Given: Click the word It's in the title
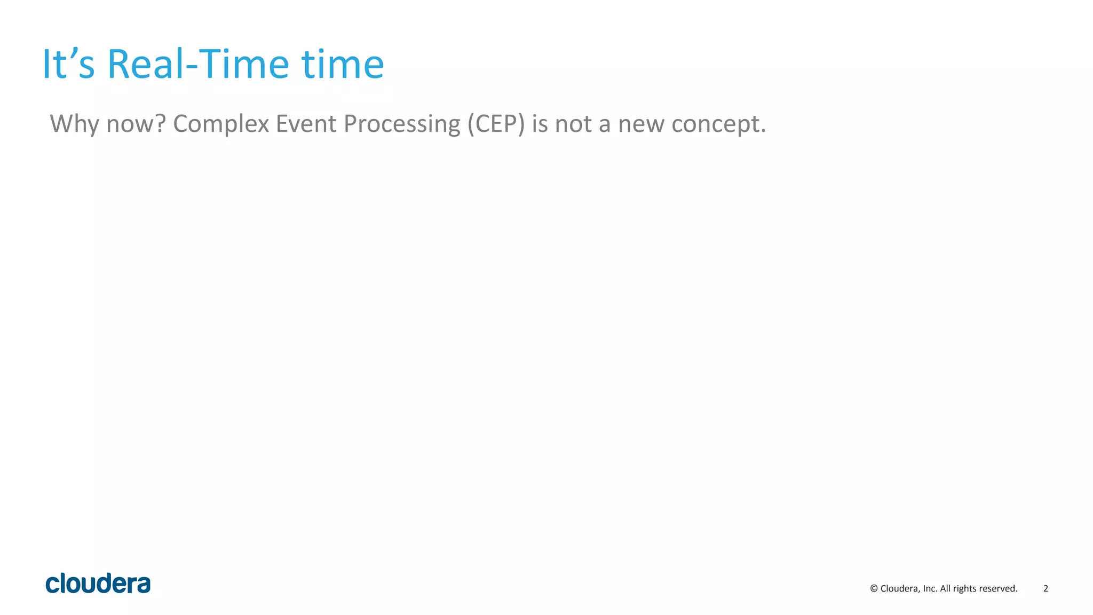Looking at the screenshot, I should tap(68, 65).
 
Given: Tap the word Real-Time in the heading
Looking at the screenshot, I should tap(198, 65).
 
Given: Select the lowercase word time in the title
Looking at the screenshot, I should tap(343, 65).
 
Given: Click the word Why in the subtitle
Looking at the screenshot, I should tap(74, 124).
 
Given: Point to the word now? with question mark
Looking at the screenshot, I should tap(136, 124).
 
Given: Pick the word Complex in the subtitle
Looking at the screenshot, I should tap(221, 124).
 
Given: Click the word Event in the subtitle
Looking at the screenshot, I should tap(306, 124).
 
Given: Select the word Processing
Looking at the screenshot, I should tap(401, 124).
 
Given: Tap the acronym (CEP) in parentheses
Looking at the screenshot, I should tap(496, 124).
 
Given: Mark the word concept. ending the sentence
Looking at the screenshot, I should tap(718, 124).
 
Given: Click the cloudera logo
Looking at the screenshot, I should tap(98, 584).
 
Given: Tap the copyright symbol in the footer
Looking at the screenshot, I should tap(874, 589).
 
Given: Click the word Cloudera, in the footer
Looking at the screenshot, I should tap(900, 589).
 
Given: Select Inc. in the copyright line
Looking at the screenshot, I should tap(930, 589).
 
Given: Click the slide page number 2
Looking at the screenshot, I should tap(1046, 589).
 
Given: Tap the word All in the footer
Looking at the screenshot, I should tap(945, 589).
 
